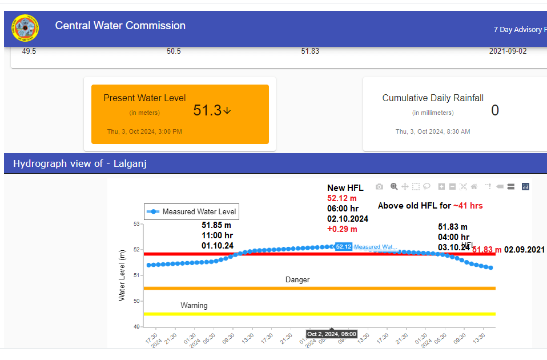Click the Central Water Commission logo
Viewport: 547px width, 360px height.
tap(25, 28)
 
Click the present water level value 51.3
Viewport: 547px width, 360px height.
tap(207, 110)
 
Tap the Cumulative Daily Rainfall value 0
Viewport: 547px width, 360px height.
tap(494, 110)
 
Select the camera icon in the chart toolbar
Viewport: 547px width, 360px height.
tap(379, 186)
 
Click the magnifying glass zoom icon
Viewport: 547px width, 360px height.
tap(394, 186)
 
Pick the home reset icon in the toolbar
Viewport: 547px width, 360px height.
tap(474, 186)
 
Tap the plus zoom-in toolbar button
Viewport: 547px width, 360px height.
tap(441, 186)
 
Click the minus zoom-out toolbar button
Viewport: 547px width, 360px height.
tap(452, 186)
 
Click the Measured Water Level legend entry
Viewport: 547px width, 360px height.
tap(191, 211)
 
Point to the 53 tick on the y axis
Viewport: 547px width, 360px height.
tap(136, 223)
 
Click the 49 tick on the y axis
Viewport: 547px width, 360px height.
tap(136, 326)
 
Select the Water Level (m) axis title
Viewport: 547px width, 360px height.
tap(122, 275)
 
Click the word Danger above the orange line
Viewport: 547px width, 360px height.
tap(297, 279)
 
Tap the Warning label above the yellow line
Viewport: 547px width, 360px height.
tap(194, 305)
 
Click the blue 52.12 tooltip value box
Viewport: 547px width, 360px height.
tap(343, 247)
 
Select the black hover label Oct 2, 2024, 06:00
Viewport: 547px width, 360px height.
tap(332, 334)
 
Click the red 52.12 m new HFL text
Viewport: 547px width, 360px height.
tap(341, 198)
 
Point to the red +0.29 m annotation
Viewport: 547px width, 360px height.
tap(342, 229)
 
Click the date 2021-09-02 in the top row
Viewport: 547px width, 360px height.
tap(508, 51)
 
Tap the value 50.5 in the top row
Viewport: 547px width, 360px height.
tap(174, 51)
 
